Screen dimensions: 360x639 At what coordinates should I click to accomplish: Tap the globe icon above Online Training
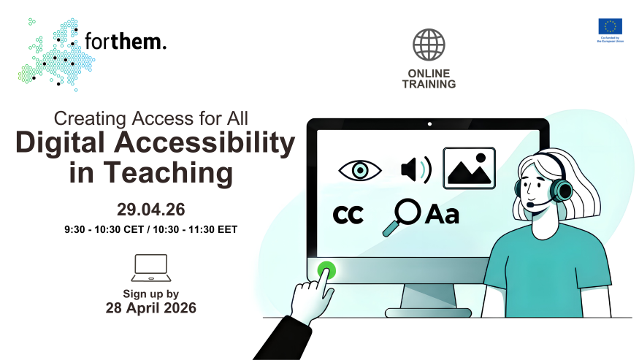point(429,45)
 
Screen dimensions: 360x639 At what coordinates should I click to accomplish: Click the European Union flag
point(610,27)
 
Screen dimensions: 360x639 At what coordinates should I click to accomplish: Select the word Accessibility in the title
point(202,143)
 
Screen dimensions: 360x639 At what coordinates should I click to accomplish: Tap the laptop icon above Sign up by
point(150,268)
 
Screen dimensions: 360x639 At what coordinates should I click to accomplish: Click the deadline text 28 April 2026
point(151,308)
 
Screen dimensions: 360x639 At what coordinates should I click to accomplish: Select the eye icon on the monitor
point(360,170)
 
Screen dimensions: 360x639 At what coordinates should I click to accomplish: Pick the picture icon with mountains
point(469,169)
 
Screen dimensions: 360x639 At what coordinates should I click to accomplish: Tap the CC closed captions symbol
point(348,215)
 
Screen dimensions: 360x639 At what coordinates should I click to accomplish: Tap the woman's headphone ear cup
point(562,190)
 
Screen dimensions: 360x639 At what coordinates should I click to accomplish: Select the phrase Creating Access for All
point(152,118)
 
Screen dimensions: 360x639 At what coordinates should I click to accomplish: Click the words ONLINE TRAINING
point(429,79)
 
